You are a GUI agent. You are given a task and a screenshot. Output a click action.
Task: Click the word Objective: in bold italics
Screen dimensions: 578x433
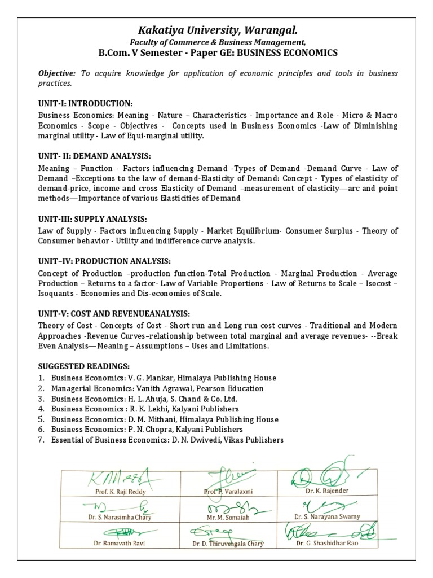tap(57, 73)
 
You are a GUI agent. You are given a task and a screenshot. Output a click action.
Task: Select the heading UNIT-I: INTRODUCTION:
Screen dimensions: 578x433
tap(85, 103)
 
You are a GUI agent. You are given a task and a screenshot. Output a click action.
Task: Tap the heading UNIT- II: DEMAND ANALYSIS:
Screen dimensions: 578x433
tap(95, 156)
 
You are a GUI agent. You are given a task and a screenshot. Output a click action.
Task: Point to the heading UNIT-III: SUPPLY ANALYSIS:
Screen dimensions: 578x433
tap(93, 219)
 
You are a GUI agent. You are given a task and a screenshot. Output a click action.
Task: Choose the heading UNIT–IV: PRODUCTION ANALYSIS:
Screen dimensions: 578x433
tap(104, 261)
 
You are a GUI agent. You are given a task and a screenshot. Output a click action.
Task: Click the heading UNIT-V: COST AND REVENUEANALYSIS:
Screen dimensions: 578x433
tap(114, 313)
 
